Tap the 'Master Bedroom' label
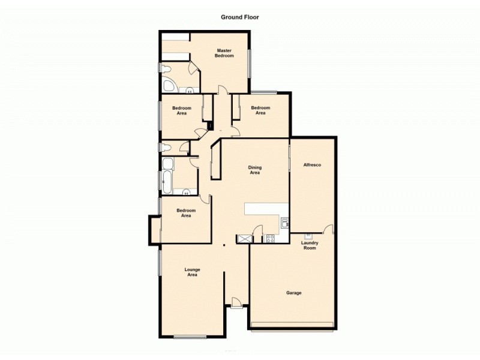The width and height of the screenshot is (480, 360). pos(224,53)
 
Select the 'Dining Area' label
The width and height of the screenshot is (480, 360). pos(254,170)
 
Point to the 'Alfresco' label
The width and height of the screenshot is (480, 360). pos(313,164)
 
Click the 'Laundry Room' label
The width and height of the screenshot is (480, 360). pos(310,245)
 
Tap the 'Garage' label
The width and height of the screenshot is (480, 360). pos(293,293)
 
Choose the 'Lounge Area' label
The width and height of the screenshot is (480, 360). pos(192,272)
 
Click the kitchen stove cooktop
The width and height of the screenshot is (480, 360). pos(269,238)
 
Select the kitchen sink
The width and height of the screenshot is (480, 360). pos(284,224)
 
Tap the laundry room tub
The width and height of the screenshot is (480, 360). pos(307,236)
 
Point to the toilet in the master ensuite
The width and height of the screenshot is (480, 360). pos(166,68)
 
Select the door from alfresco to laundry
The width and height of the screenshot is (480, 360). pos(328,229)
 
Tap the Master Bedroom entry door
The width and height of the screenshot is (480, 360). pos(223,90)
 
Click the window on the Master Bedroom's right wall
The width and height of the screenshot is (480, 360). pos(250,63)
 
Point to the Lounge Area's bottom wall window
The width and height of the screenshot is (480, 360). pos(190,337)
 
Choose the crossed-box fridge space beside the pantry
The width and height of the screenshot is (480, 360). pos(244,238)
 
